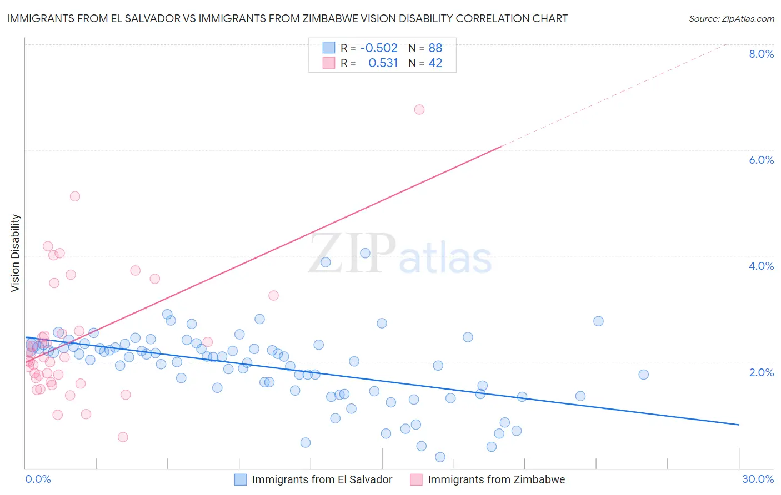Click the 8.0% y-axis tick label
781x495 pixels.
761,54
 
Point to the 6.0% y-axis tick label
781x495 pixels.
761,160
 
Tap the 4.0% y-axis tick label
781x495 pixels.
761,266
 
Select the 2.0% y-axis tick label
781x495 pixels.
761,372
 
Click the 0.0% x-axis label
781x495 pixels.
38,479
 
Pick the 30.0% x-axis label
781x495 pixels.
758,479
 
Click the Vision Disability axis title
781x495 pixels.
16,252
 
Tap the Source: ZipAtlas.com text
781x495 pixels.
731,18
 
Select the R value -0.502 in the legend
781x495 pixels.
379,48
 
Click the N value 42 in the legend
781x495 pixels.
435,63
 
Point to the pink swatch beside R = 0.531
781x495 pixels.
329,63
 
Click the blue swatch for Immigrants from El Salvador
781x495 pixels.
241,479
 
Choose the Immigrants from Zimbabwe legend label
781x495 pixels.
496,479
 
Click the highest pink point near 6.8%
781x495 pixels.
419,109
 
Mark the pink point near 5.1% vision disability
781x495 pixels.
75,196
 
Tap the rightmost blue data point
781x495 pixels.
643,374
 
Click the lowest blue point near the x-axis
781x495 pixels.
440,457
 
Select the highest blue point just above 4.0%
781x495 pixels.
365,253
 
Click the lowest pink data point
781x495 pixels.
123,437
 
